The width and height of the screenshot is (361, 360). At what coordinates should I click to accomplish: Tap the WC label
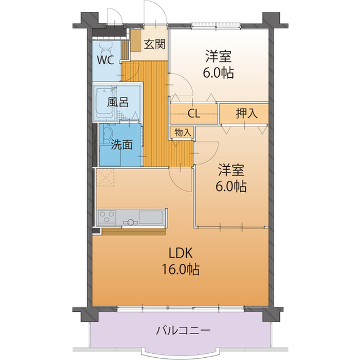click(x=105, y=60)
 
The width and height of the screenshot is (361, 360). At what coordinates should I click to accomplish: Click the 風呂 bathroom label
click(x=118, y=102)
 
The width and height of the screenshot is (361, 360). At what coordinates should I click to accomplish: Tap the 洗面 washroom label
click(x=122, y=145)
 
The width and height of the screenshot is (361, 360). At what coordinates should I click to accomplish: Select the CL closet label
click(x=194, y=113)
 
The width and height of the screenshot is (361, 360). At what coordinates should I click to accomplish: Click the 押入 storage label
click(x=246, y=113)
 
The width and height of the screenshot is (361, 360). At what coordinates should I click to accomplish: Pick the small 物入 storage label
click(x=183, y=132)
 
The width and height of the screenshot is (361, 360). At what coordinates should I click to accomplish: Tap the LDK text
click(x=180, y=254)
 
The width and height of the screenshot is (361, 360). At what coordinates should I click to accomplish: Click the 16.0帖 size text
click(x=180, y=269)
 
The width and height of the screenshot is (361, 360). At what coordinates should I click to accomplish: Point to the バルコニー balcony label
click(x=183, y=331)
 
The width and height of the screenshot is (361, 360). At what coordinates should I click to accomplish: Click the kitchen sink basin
click(x=151, y=217)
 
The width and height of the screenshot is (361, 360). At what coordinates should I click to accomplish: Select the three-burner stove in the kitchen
click(x=107, y=216)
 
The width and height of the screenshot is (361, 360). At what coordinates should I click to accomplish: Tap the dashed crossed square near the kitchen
click(x=105, y=177)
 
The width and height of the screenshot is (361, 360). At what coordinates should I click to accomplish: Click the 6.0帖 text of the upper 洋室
click(x=218, y=73)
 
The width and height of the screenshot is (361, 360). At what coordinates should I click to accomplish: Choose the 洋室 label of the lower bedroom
click(x=231, y=170)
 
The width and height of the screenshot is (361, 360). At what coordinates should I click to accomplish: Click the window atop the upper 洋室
click(x=216, y=24)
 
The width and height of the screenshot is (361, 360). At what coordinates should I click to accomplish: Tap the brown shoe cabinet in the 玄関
click(x=136, y=41)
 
